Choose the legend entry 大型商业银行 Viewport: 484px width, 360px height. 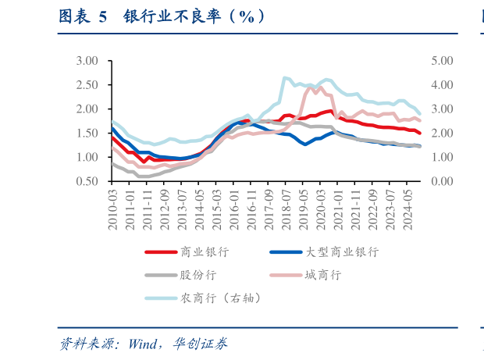(340, 252)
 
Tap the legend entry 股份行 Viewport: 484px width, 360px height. (198, 275)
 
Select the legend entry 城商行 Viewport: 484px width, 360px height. (322, 275)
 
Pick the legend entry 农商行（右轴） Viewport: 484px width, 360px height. (219, 298)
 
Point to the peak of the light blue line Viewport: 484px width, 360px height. (284, 77)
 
